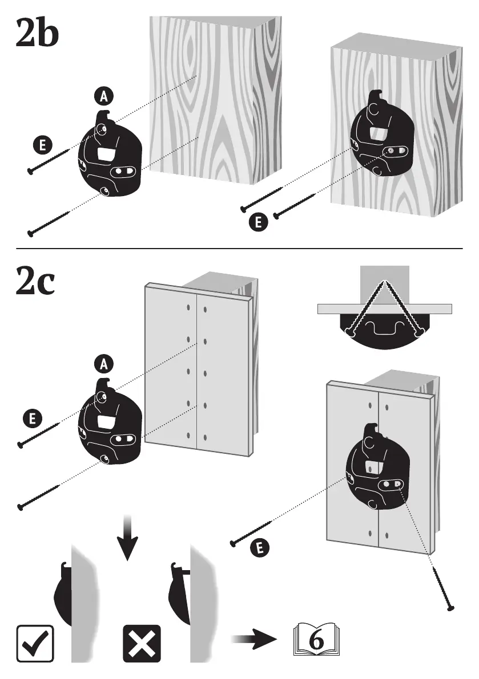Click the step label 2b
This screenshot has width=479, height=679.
[x=37, y=34]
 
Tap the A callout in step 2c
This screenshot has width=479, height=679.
[x=103, y=363]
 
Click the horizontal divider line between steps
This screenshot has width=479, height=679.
[x=240, y=249]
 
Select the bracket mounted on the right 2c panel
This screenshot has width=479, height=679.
[x=377, y=468]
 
